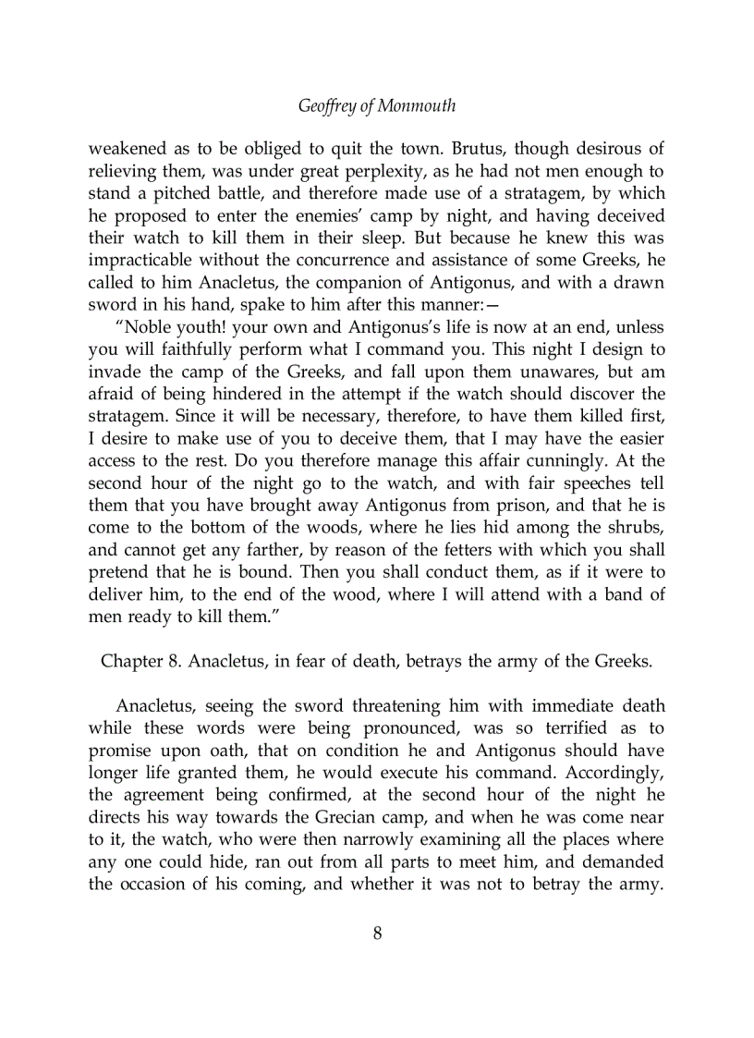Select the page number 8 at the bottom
(x=377, y=933)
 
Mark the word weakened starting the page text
(x=125, y=149)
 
